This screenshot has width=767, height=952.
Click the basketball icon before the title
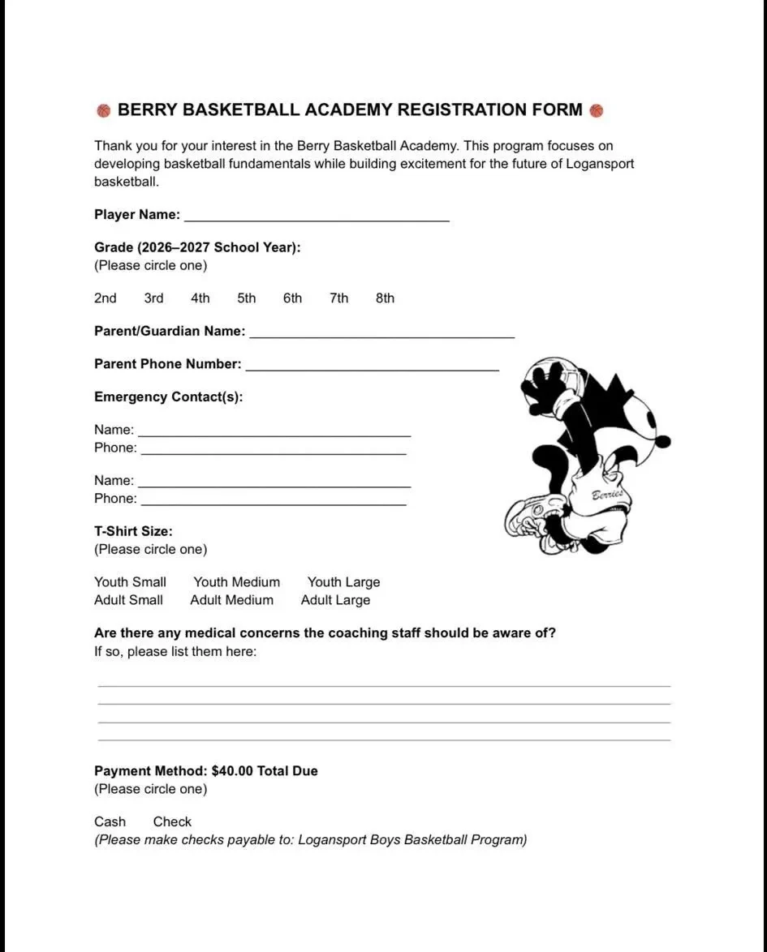104,110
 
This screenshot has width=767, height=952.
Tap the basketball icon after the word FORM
597,110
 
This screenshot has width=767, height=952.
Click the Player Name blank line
317,216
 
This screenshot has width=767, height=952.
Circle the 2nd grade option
106,298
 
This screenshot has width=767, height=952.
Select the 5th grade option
247,298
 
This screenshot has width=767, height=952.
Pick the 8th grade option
385,298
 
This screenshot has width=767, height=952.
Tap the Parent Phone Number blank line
372,365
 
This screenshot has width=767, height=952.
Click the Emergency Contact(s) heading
169,397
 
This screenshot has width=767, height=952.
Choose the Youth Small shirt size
130,582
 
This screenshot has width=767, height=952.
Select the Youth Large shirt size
343,582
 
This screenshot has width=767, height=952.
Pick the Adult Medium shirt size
231,600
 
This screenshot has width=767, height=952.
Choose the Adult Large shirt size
335,600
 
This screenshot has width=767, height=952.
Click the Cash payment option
110,821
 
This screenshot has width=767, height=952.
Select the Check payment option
172,821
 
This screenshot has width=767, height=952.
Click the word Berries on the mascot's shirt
606,495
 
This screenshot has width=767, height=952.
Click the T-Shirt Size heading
133,531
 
